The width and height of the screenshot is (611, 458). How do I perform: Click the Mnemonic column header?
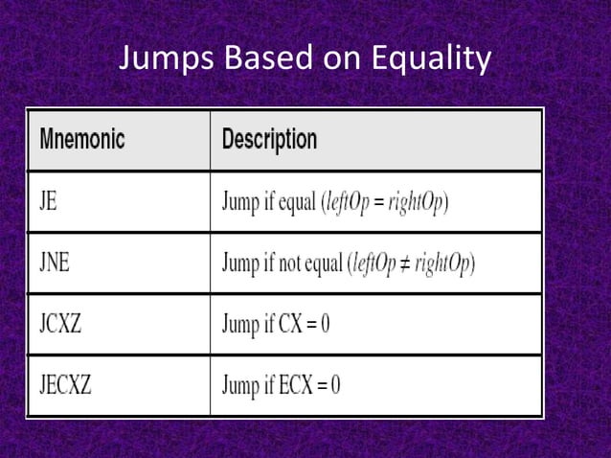[82, 140]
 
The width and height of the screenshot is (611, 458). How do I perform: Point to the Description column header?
[269, 140]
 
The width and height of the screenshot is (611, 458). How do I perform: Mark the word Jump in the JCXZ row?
[240, 325]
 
